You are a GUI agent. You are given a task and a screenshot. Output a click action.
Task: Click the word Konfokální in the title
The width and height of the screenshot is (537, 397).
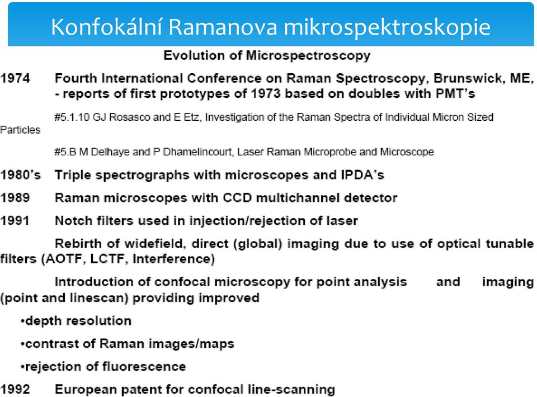106,27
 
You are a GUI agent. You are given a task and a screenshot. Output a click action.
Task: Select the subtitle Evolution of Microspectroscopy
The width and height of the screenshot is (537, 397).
267,55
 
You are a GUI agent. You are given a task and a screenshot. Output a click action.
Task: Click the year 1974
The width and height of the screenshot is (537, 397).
15,78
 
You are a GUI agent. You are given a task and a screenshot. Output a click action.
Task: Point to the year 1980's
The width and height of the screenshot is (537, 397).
21,175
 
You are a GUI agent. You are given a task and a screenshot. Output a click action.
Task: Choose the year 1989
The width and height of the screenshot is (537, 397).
15,198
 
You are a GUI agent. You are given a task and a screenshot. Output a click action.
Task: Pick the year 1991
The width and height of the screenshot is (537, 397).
15,221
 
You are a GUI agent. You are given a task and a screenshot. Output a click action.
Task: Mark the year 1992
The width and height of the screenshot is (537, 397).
15,390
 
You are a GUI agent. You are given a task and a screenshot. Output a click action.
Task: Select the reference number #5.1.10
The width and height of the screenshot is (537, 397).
72,117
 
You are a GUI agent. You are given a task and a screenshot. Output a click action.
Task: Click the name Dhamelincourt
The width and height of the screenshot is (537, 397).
197,152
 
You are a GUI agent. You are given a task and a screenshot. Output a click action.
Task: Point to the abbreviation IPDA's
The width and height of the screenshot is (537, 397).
362,175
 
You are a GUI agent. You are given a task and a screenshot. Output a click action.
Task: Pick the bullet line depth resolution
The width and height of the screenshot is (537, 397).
76,321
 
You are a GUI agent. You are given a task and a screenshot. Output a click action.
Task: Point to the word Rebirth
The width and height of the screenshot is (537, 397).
78,243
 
